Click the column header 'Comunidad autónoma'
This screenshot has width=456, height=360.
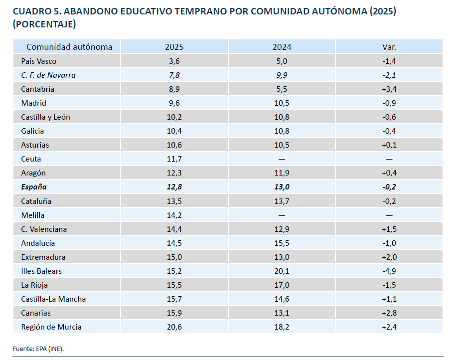click(x=69, y=47)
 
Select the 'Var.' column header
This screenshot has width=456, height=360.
click(x=389, y=47)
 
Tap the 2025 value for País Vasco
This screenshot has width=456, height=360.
click(x=174, y=61)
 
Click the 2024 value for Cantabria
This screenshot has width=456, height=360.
click(x=282, y=89)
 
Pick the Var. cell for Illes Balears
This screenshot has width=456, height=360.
click(x=389, y=271)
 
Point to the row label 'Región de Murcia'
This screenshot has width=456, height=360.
click(x=51, y=327)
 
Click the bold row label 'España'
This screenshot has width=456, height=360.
click(x=33, y=187)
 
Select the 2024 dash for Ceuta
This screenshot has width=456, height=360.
click(x=282, y=159)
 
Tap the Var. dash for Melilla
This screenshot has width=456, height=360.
click(x=389, y=215)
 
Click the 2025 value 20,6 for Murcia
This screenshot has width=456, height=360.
click(x=174, y=327)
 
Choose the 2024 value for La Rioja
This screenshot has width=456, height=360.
click(x=282, y=285)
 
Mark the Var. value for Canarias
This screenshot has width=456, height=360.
click(x=389, y=313)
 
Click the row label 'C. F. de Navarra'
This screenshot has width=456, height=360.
click(x=48, y=75)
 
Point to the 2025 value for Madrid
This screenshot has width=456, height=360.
click(x=174, y=103)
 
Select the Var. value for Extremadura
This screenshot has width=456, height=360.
click(x=389, y=257)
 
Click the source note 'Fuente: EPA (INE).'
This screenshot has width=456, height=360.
click(x=38, y=349)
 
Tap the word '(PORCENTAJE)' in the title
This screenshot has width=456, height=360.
click(x=44, y=24)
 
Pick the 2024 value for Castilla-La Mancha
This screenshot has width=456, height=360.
click(x=282, y=299)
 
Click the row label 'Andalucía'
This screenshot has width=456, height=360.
click(x=38, y=243)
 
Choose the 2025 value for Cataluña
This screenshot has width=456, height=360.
click(x=174, y=201)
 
